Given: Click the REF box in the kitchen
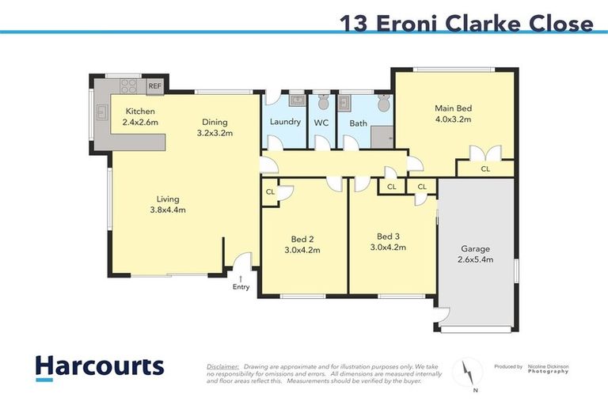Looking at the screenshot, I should click(154, 85).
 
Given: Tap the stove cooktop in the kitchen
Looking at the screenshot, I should click(130, 85).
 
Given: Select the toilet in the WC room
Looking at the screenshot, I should click(321, 102).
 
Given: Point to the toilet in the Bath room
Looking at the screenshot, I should click(383, 103).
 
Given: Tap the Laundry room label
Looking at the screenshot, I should click(285, 122).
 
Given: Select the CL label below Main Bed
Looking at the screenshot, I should click(485, 168).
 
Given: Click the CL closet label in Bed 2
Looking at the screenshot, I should click(271, 191).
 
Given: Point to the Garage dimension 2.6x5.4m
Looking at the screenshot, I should click(476, 259).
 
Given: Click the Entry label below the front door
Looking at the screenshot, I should click(241, 287).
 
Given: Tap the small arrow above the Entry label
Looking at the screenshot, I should click(241, 278).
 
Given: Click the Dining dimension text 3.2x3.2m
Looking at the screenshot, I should click(214, 134).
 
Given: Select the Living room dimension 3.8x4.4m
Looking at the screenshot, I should click(167, 210).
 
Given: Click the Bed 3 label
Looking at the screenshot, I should click(388, 236).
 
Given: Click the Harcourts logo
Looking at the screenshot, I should click(100, 366).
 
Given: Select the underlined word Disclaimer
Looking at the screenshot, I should click(222, 367).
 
